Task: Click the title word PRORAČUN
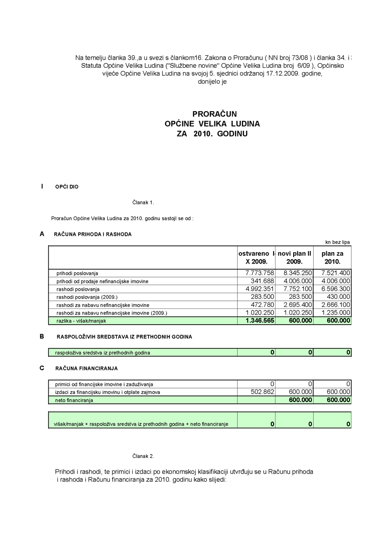pyautogui.click(x=214, y=114)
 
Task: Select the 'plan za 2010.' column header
pyautogui.click(x=332, y=258)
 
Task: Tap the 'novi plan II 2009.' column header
pyautogui.click(x=295, y=258)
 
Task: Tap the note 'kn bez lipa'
pyautogui.click(x=338, y=242)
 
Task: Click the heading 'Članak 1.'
pyautogui.click(x=143, y=202)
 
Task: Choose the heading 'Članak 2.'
pyautogui.click(x=143, y=456)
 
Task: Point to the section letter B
pyautogui.click(x=42, y=336)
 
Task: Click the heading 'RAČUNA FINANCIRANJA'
pyautogui.click(x=86, y=368)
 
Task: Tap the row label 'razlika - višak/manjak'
pyautogui.click(x=81, y=321)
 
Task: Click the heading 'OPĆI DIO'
pyautogui.click(x=67, y=187)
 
